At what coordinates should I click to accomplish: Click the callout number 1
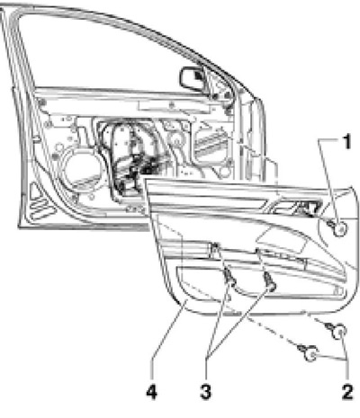[346, 142]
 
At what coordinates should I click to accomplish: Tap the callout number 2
[347, 392]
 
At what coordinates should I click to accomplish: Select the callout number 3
[206, 392]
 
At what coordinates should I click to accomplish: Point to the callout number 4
[152, 392]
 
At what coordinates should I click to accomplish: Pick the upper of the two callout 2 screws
[337, 330]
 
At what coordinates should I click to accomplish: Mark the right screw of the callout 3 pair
[270, 281]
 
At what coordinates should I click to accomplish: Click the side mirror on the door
[193, 79]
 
